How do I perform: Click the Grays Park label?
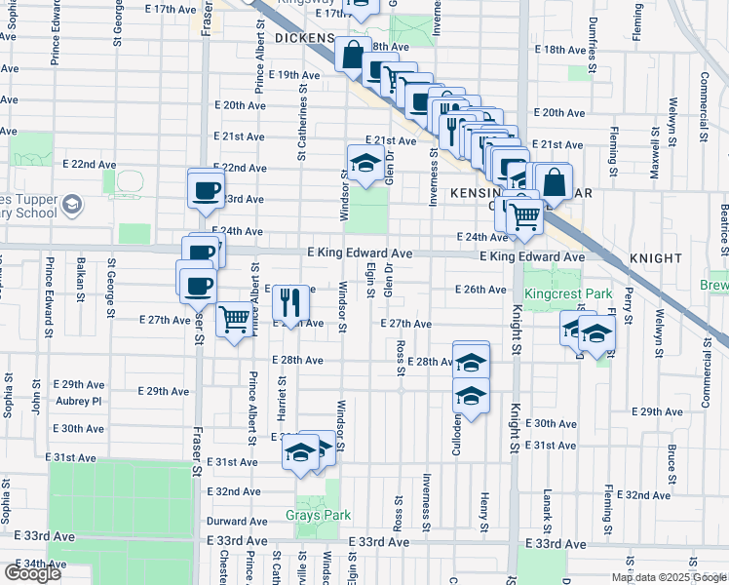click(x=310, y=515)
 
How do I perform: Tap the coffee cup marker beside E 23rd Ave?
click(x=207, y=190)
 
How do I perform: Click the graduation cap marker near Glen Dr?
click(x=364, y=164)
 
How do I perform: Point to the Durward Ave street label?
click(x=237, y=522)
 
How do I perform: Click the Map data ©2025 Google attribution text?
click(x=669, y=577)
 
